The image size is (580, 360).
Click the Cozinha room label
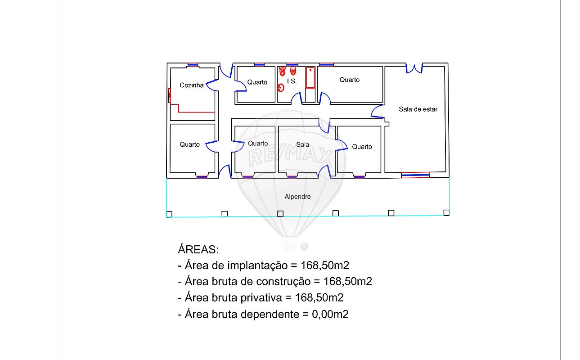pos(192,85)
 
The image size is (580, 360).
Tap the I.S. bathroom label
pos(292,81)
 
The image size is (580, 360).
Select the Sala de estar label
pos(418,109)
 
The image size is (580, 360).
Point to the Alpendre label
pos(297,197)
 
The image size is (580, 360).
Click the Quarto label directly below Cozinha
pos(189,144)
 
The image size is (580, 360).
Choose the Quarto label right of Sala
pos(362,147)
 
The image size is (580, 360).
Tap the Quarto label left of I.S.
pos(257,82)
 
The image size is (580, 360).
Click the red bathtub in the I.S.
pos(310,78)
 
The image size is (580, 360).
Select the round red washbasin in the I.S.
pos(281,88)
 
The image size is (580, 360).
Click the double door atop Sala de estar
pos(414,69)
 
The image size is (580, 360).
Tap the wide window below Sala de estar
pos(415,175)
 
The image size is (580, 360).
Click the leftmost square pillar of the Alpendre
pos(169,215)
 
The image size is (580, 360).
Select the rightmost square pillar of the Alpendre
pos(446,213)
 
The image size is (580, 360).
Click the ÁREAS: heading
pos(198,249)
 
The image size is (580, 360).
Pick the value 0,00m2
pos(330,314)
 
